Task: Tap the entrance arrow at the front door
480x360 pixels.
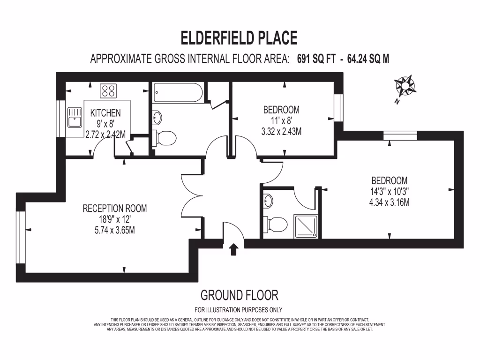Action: [x=233, y=249]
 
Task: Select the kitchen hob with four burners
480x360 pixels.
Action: [x=109, y=90]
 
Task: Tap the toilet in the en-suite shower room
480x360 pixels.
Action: [x=276, y=224]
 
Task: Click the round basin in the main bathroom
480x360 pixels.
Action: [x=157, y=117]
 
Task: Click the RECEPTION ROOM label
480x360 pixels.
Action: [x=115, y=208]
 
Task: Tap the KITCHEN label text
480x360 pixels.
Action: [x=105, y=113]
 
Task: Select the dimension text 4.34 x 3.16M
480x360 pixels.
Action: [x=389, y=202]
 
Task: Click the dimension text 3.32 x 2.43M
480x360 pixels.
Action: [x=281, y=132]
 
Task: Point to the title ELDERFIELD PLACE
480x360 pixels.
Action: [x=239, y=37]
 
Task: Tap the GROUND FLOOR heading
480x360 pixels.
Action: [x=239, y=295]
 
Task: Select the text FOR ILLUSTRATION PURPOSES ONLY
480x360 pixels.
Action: [x=238, y=309]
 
